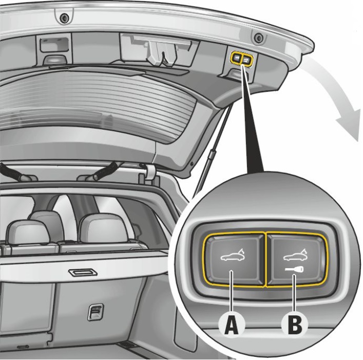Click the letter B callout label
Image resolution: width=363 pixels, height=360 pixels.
(x=294, y=324)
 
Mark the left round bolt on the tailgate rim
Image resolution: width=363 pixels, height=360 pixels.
(x=65, y=18)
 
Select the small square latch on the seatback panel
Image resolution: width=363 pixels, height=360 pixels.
(x=95, y=311)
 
